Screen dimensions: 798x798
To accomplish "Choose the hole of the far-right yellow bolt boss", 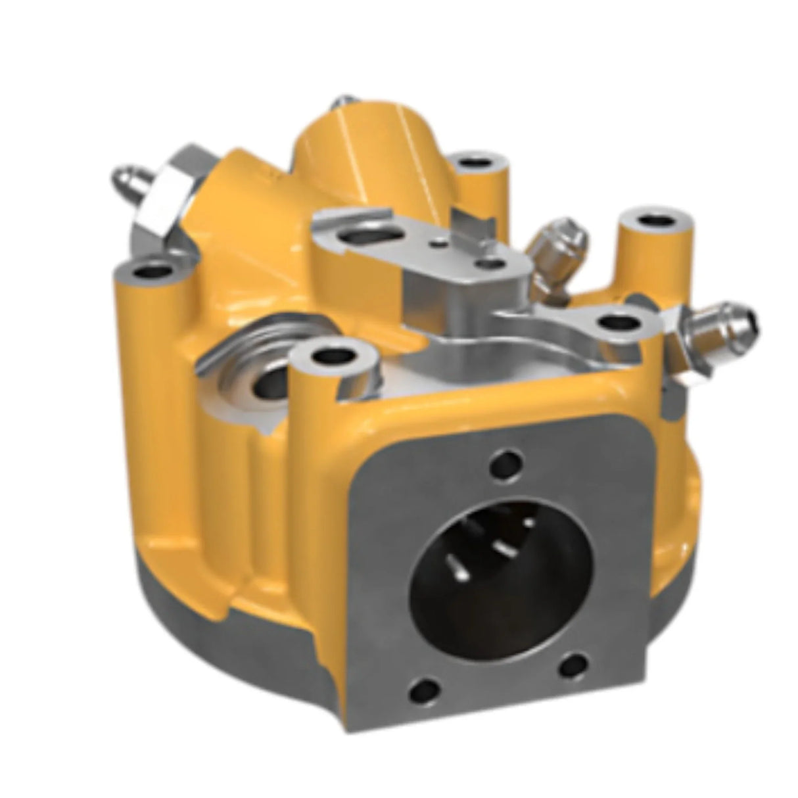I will pos(655,220).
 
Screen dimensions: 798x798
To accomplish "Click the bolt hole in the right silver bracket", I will pos(616,322).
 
